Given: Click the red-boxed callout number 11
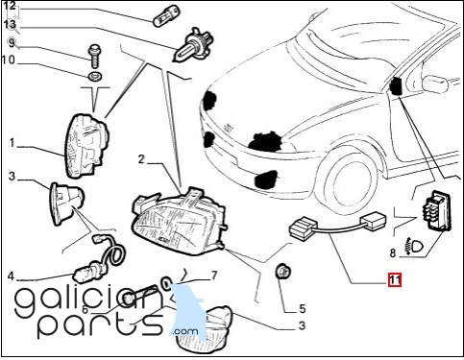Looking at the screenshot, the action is tap(395, 280).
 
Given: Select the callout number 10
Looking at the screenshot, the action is tap(9, 60).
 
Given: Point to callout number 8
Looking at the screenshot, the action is tap(393, 253).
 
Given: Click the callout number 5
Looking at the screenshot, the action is tap(303, 309).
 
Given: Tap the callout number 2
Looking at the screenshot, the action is tap(141, 159).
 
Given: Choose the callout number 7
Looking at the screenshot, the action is tap(214, 276).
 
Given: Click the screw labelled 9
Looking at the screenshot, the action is tap(95, 56).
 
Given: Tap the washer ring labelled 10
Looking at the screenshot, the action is tap(95, 77).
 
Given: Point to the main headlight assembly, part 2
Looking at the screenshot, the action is tap(180, 221).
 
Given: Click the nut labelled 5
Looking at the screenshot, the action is tap(282, 272).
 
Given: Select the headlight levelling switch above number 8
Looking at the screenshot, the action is tap(438, 210).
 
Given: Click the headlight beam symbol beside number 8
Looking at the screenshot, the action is tap(414, 247).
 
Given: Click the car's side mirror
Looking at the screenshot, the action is tap(434, 84).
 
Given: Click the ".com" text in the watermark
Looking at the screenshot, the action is tap(185, 330).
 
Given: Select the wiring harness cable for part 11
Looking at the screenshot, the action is tap(338, 226).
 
